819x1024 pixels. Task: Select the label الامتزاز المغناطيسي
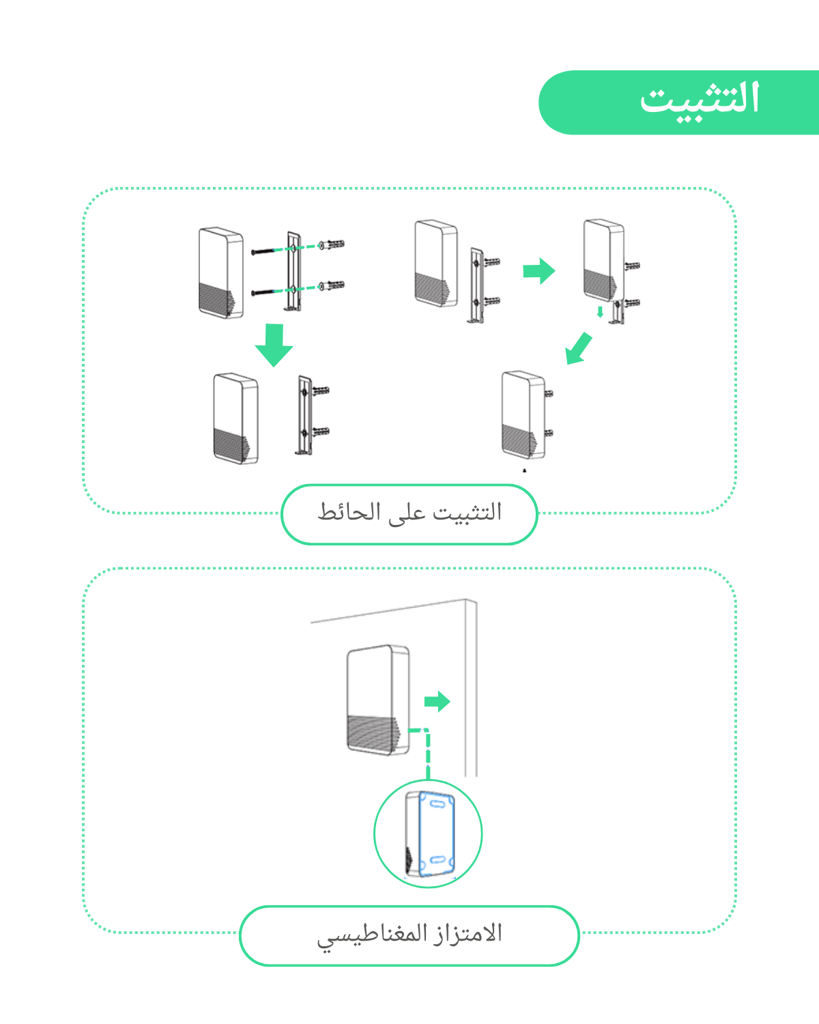(409, 935)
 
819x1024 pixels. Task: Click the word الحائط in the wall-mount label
(349, 512)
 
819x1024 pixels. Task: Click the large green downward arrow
(274, 345)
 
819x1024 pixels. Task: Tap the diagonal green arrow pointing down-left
(577, 349)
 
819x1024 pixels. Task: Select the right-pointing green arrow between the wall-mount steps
(539, 271)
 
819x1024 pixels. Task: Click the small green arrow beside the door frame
(437, 701)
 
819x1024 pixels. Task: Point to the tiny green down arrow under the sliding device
(600, 312)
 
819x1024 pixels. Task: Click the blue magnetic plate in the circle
(437, 834)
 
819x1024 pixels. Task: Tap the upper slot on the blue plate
(437, 803)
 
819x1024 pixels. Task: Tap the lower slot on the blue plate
(437, 860)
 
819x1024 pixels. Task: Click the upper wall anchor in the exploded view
(332, 244)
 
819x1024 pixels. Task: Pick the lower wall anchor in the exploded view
(332, 285)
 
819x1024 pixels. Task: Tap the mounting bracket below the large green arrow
(304, 415)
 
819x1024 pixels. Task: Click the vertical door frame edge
(471, 687)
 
